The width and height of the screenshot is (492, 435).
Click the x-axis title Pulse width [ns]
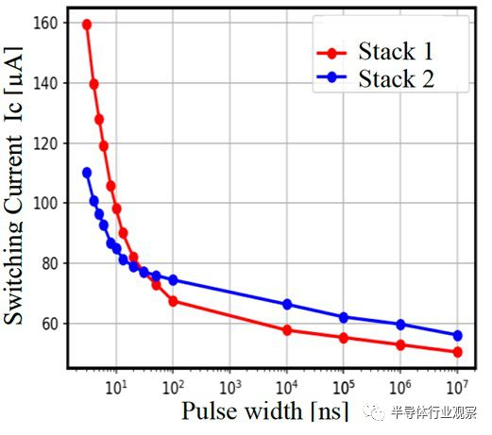264,411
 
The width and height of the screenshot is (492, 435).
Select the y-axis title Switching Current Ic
15,189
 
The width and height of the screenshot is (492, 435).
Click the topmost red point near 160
87,25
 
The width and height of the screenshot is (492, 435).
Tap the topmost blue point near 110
87,173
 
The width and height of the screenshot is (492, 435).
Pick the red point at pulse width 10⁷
457,352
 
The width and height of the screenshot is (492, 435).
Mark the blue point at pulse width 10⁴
287,305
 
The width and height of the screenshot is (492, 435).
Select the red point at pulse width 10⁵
344,338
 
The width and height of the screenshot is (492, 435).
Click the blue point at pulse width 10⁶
400,325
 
